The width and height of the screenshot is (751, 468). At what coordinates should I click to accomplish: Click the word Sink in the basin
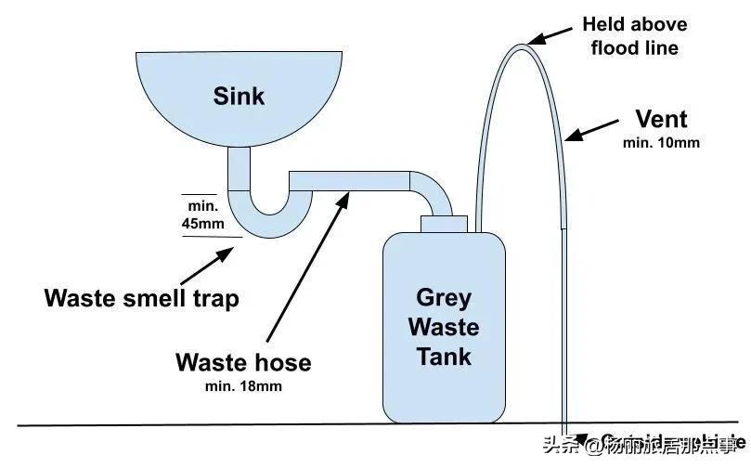click(x=239, y=96)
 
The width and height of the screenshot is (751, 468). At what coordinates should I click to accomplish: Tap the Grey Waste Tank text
click(x=445, y=327)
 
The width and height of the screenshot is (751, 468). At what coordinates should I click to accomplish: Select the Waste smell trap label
click(x=141, y=298)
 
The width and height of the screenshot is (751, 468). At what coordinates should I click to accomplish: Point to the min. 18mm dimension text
click(x=242, y=385)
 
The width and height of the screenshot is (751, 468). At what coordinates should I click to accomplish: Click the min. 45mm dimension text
click(x=202, y=214)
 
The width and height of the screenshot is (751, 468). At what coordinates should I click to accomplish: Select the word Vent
click(x=661, y=119)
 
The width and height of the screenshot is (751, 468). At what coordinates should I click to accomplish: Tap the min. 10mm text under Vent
click(x=661, y=143)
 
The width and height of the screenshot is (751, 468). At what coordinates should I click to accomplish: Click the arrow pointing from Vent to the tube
click(x=591, y=131)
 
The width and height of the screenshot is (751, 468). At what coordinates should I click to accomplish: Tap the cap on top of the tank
click(x=443, y=224)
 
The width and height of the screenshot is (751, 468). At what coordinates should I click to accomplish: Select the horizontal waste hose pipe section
click(x=348, y=180)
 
